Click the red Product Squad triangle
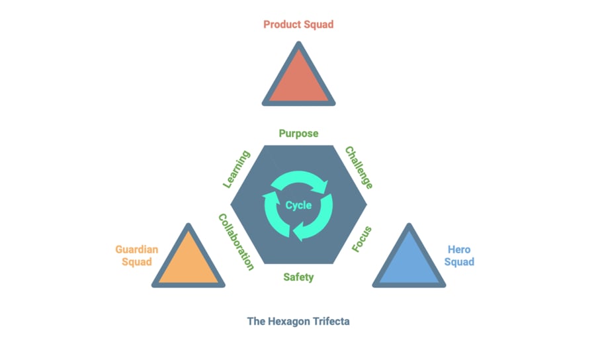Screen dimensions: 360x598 (298, 81)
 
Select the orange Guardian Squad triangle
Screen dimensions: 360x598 (189, 262)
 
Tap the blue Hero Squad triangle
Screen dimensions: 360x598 (409, 262)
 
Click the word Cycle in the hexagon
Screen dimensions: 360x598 (298, 205)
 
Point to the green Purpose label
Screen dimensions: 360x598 (298, 134)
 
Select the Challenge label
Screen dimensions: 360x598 (359, 167)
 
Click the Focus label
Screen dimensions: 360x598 (361, 239)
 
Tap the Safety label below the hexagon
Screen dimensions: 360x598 (298, 277)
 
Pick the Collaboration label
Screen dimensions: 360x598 (236, 242)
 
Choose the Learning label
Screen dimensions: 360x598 (236, 169)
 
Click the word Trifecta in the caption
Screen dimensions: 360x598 (330, 322)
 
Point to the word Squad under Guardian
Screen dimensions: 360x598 (136, 261)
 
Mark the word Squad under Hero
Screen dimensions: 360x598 (459, 261)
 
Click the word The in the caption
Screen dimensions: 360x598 (256, 322)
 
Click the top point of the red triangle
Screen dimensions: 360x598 (299, 46)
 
